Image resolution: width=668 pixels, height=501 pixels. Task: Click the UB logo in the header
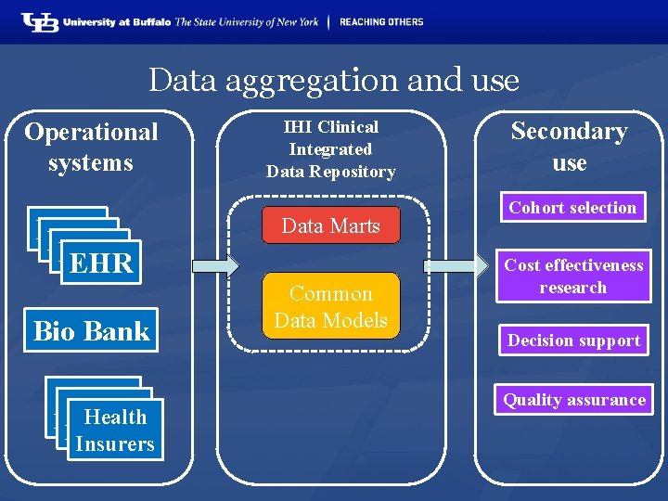[41, 21]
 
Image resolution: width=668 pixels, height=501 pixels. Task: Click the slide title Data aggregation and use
[334, 80]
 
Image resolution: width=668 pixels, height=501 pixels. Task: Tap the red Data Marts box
[330, 225]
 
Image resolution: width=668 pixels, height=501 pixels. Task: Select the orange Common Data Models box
[330, 306]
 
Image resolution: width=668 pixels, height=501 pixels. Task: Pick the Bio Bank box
[91, 330]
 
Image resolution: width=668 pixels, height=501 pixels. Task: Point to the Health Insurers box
[115, 430]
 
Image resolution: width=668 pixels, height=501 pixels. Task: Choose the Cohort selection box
[572, 208]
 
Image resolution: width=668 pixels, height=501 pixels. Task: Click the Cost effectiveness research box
[572, 276]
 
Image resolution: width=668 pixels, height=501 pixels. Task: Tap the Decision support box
[573, 340]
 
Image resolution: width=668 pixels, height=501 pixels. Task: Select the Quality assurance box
[573, 400]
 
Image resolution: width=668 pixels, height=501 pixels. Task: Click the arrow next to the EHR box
[214, 266]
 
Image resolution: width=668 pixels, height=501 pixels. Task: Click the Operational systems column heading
[91, 147]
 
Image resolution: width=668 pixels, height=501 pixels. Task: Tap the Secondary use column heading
[569, 147]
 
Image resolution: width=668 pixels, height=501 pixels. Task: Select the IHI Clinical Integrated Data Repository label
[330, 148]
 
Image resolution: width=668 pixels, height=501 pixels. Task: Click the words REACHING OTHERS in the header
[380, 21]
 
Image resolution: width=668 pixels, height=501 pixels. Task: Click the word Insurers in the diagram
[115, 443]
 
